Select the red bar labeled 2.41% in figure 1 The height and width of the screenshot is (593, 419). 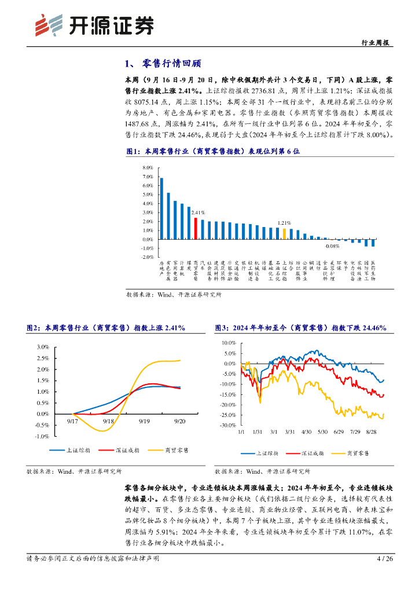point(196,228)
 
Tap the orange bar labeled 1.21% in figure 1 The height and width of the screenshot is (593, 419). point(284,233)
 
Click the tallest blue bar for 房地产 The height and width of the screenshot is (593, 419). point(161,208)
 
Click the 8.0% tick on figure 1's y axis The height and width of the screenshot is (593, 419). point(147,167)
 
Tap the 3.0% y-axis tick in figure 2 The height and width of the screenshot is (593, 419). point(43,347)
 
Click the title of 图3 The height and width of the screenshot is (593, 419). point(300,328)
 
